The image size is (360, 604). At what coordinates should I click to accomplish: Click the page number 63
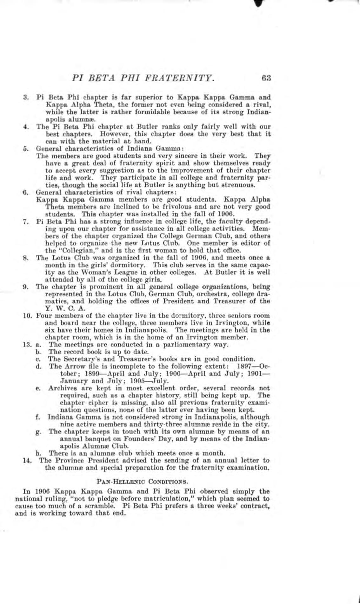(x=266, y=78)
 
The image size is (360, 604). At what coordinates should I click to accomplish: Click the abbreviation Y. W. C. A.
(x=57, y=308)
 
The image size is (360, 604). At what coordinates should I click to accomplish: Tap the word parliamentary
(x=189, y=344)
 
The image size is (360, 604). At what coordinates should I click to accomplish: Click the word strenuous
(x=239, y=185)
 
